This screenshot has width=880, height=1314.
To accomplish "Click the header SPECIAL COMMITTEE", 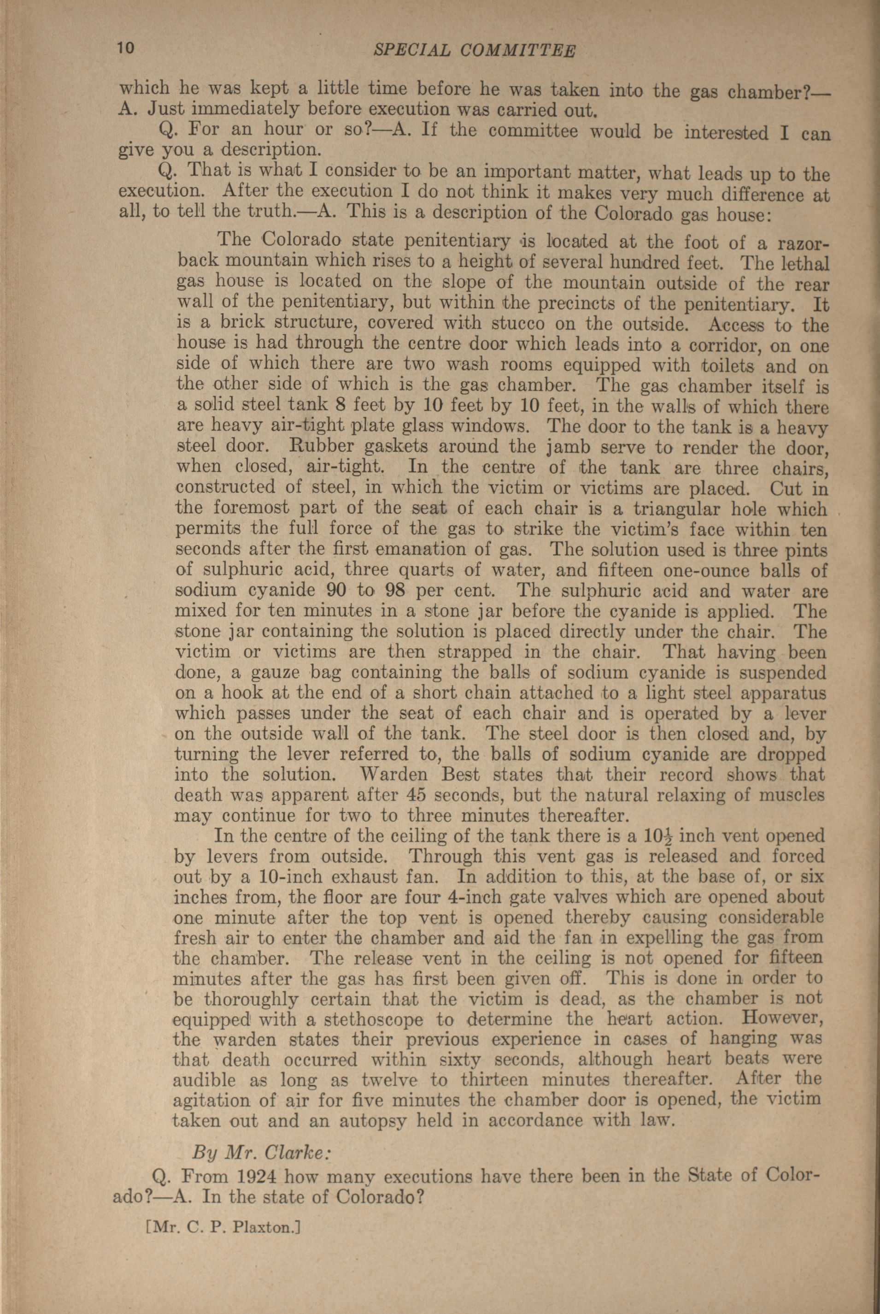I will pos(474,51).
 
